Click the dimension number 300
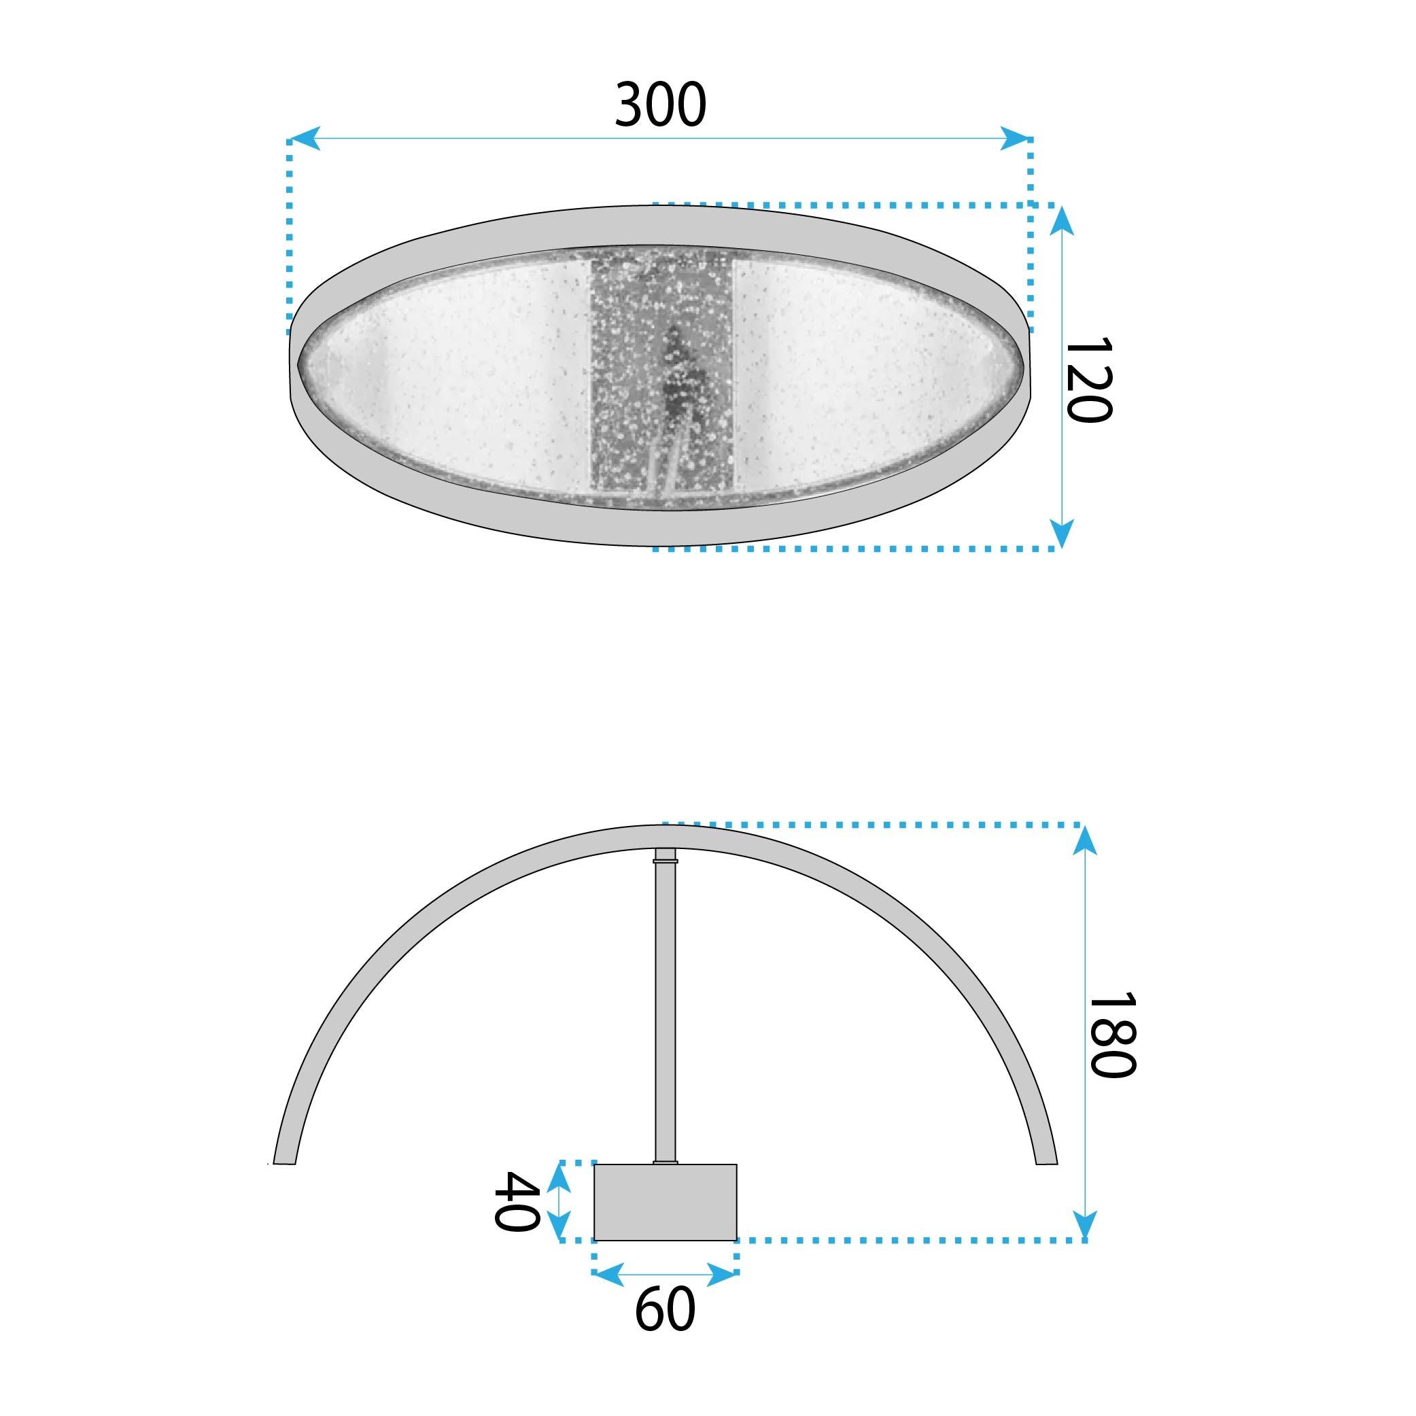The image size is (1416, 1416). pos(659,105)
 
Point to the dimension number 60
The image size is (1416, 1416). pos(664,1330)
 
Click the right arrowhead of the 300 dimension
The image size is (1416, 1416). pos(1016,138)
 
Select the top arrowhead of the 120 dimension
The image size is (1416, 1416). pos(1061,220)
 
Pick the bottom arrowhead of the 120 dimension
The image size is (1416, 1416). pos(1061,533)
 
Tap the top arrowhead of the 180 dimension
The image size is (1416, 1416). pos(1086,840)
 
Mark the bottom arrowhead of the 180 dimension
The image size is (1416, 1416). pos(1086,1225)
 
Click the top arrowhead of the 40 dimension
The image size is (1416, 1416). pos(560,1176)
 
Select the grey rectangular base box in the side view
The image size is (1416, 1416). pos(665,1202)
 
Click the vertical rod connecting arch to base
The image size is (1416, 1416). pos(665,1012)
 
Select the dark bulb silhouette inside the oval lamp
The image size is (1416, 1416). pos(678,374)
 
